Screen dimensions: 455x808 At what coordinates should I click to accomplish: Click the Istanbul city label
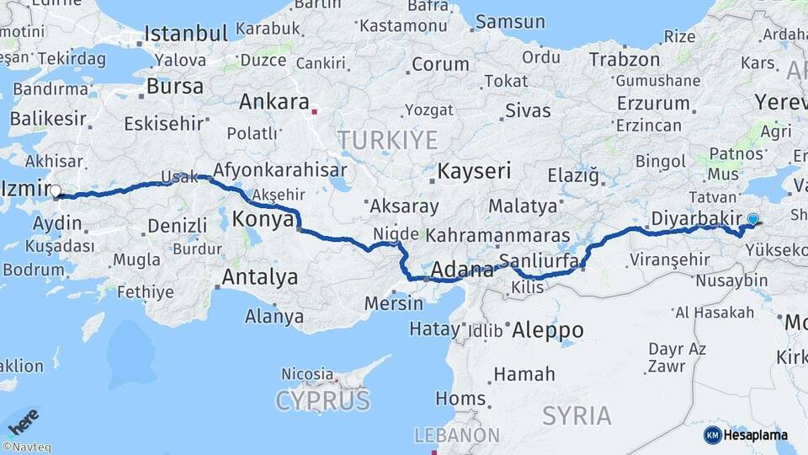pyautogui.click(x=186, y=34)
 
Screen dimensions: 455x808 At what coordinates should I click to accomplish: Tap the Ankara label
pyautogui.click(x=274, y=102)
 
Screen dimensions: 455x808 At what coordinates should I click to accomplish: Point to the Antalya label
pyautogui.click(x=260, y=276)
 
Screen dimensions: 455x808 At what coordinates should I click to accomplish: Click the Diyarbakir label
pyautogui.click(x=694, y=219)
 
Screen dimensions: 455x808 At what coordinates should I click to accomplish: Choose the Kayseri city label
pyautogui.click(x=474, y=171)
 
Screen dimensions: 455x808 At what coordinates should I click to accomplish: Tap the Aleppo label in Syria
pyautogui.click(x=547, y=330)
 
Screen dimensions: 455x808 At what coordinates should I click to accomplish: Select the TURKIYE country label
pyautogui.click(x=387, y=139)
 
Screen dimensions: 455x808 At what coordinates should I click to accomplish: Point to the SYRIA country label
pyautogui.click(x=577, y=415)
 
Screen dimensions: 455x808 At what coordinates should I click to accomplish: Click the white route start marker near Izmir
pyautogui.click(x=56, y=192)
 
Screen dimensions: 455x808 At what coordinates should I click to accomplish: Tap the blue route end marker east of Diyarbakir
pyautogui.click(x=752, y=219)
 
